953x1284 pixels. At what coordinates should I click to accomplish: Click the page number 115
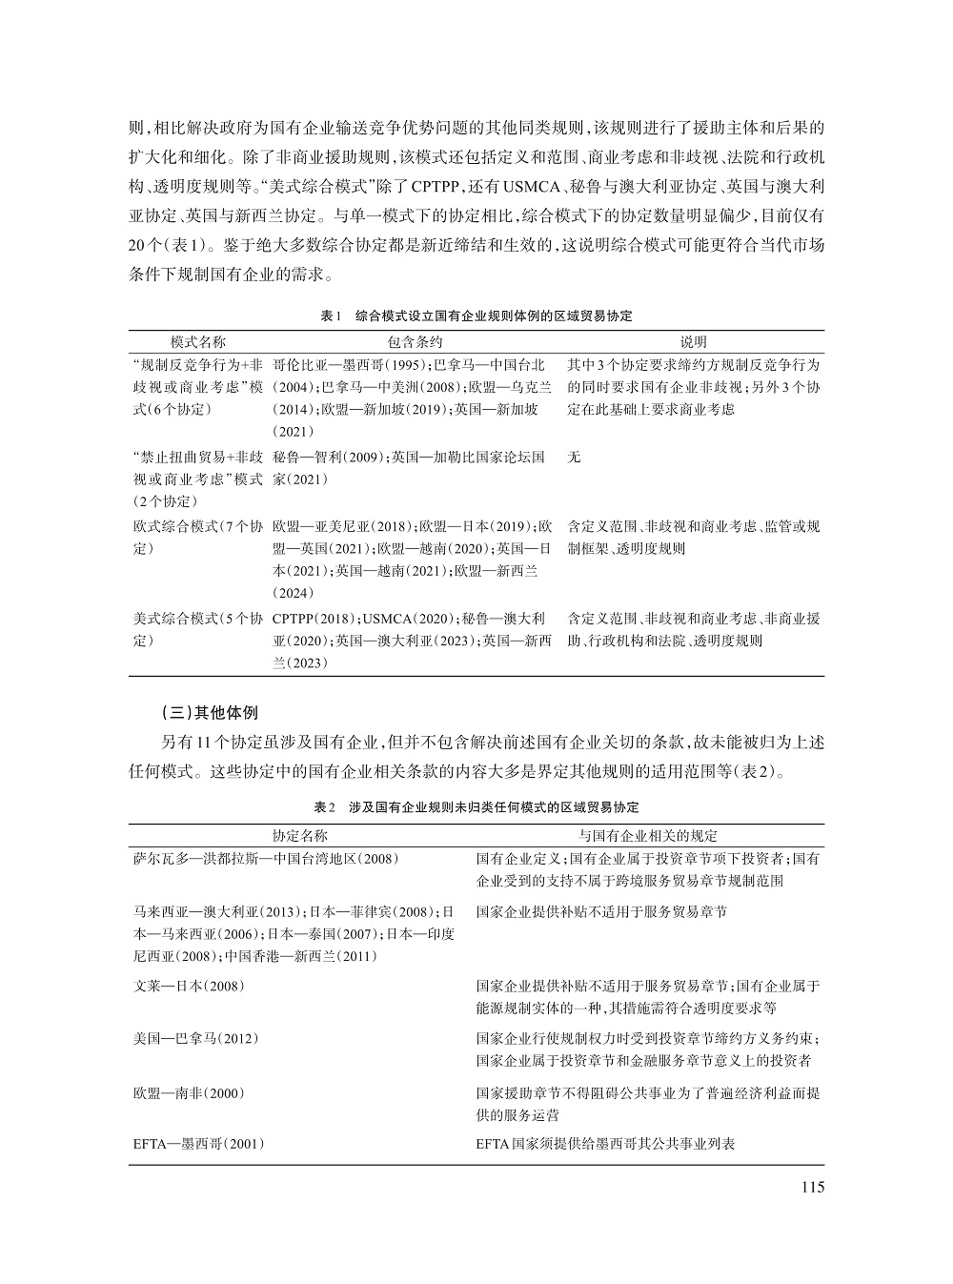click(x=812, y=1187)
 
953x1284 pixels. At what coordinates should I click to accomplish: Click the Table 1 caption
click(x=476, y=315)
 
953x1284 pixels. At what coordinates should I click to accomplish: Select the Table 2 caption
click(x=476, y=807)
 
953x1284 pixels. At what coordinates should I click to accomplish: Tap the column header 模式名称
click(x=198, y=341)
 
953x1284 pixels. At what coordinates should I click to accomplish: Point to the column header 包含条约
click(x=416, y=341)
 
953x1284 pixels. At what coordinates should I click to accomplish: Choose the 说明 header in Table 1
click(x=693, y=341)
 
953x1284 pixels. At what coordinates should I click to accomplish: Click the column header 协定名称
click(x=300, y=835)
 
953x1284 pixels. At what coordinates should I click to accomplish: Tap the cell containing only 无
click(x=574, y=458)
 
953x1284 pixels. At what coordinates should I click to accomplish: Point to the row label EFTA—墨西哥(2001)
click(x=198, y=1143)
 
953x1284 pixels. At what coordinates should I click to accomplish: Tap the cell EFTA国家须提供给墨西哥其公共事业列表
click(x=605, y=1143)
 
